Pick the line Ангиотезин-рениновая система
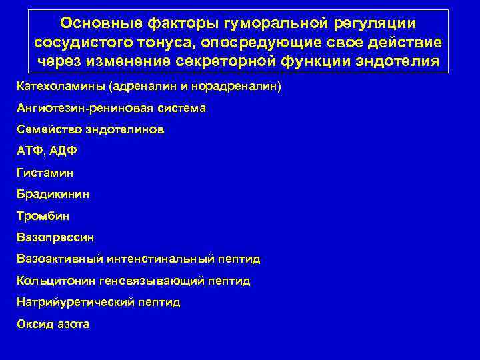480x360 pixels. (111, 108)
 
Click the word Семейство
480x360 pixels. (47, 129)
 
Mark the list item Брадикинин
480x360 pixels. (53, 194)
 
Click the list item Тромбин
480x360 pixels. (43, 216)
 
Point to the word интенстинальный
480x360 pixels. (165, 259)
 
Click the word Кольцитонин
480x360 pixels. (57, 281)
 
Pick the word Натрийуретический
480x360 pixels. (75, 302)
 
